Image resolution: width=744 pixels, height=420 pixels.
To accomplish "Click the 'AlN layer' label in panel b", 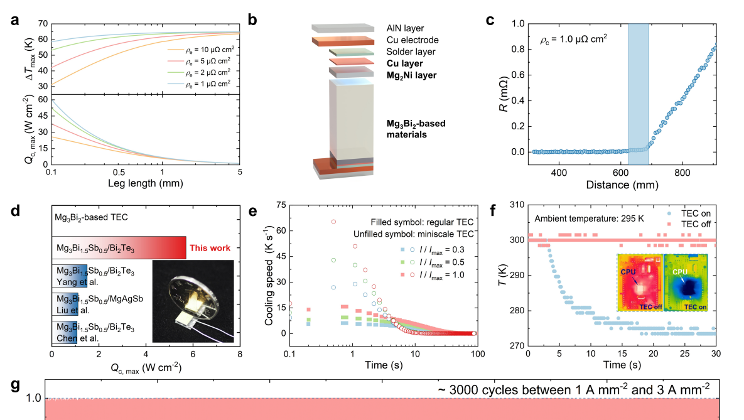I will pyautogui.click(x=405, y=28).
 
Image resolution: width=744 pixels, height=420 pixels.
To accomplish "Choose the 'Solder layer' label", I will pyautogui.click(x=411, y=51).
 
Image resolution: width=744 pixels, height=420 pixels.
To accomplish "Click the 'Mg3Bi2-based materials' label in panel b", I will pyautogui.click(x=415, y=129).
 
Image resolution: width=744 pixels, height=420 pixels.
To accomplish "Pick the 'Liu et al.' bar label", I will pyautogui.click(x=70, y=308).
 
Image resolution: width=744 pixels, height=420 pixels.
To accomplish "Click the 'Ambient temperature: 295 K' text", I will pyautogui.click(x=581, y=218).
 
